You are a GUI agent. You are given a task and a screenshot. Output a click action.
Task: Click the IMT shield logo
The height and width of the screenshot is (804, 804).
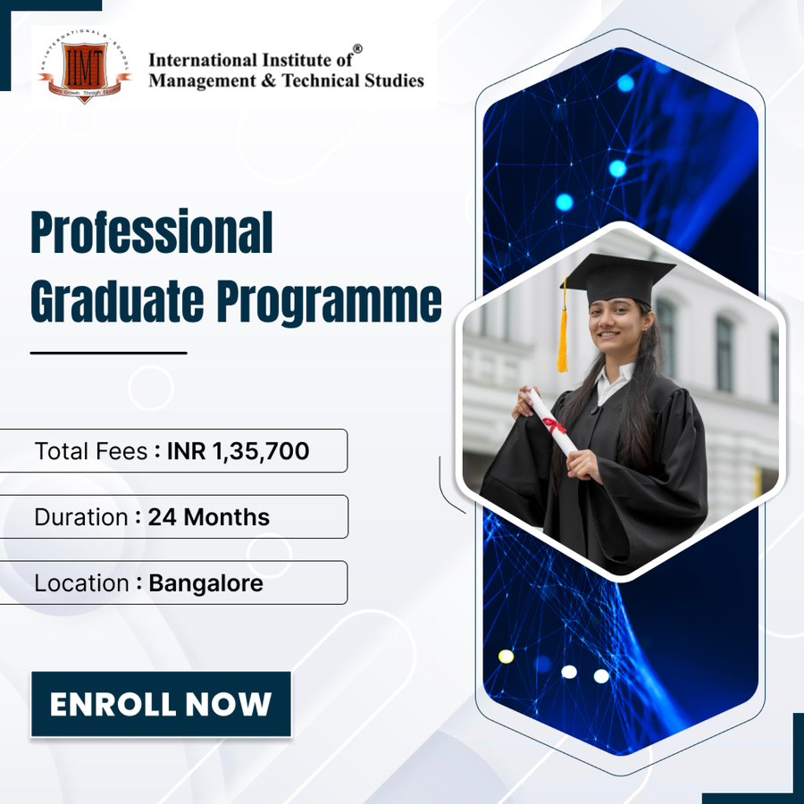[84, 68]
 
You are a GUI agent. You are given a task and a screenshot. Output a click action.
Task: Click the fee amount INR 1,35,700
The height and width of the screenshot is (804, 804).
[238, 451]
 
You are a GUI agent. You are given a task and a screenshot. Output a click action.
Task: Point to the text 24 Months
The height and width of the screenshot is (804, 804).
[208, 517]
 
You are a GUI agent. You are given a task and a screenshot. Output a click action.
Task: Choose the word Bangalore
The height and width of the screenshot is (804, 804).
[205, 583]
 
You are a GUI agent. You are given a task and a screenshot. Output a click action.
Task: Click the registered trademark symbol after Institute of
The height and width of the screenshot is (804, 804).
[357, 49]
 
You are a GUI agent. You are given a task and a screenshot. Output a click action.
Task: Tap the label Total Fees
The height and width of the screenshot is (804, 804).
[90, 451]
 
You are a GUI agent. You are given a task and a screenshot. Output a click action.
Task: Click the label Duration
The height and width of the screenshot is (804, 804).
[80, 517]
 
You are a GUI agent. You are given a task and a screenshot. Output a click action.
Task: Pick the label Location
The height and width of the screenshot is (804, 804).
[81, 583]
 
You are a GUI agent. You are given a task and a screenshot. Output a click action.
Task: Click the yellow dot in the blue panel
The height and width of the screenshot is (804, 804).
[506, 657]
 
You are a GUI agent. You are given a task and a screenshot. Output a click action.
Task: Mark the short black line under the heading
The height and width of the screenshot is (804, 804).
[108, 353]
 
